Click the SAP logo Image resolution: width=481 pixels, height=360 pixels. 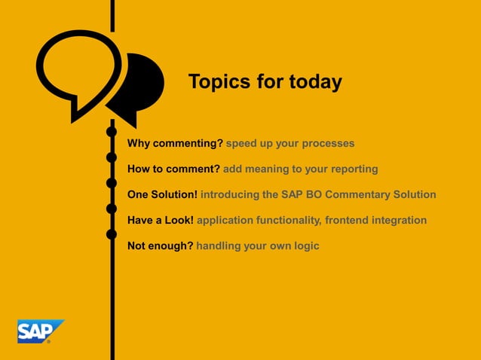click(40, 330)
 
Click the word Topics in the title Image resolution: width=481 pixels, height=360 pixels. click(219, 82)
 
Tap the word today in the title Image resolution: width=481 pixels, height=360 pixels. click(316, 82)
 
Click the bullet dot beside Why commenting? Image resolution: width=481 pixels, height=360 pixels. click(112, 133)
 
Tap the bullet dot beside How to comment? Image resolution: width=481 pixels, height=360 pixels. click(112, 157)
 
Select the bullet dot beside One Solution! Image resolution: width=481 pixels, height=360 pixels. click(112, 183)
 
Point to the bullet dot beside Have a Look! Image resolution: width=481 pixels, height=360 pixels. click(112, 209)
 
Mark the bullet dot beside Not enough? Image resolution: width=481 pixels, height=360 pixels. click(112, 234)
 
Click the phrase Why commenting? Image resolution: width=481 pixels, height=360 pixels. click(175, 143)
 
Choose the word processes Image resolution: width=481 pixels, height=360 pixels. click(329, 143)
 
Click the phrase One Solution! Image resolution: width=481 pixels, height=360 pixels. click(162, 194)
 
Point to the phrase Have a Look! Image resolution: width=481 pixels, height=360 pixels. click(161, 220)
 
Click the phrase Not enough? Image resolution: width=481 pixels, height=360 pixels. click(160, 246)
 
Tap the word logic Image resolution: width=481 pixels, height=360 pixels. click(306, 246)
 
